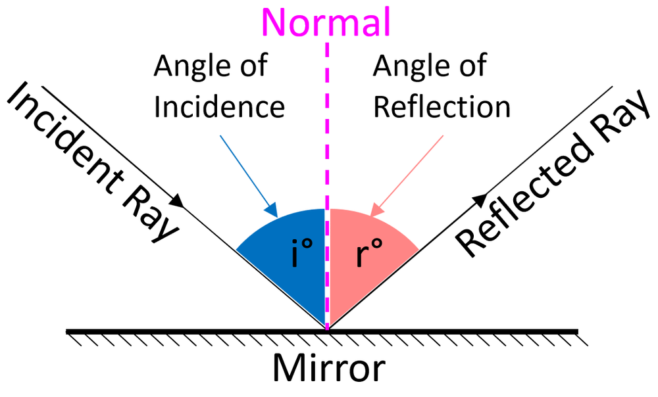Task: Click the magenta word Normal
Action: pos(327,21)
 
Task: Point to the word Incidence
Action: pos(219,106)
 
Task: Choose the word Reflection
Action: pos(442,106)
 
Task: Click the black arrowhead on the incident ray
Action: pos(178,200)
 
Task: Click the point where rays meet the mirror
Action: pos(327,329)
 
